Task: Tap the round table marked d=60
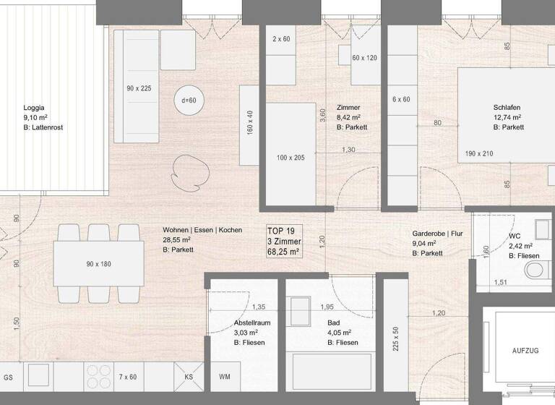point(188,101)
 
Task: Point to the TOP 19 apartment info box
point(284,240)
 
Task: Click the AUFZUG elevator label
point(525,350)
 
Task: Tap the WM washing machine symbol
point(225,377)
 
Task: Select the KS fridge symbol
point(189,377)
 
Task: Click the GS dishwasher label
point(9,377)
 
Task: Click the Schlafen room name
point(507,106)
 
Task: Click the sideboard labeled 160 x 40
point(249,123)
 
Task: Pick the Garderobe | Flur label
point(436,234)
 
